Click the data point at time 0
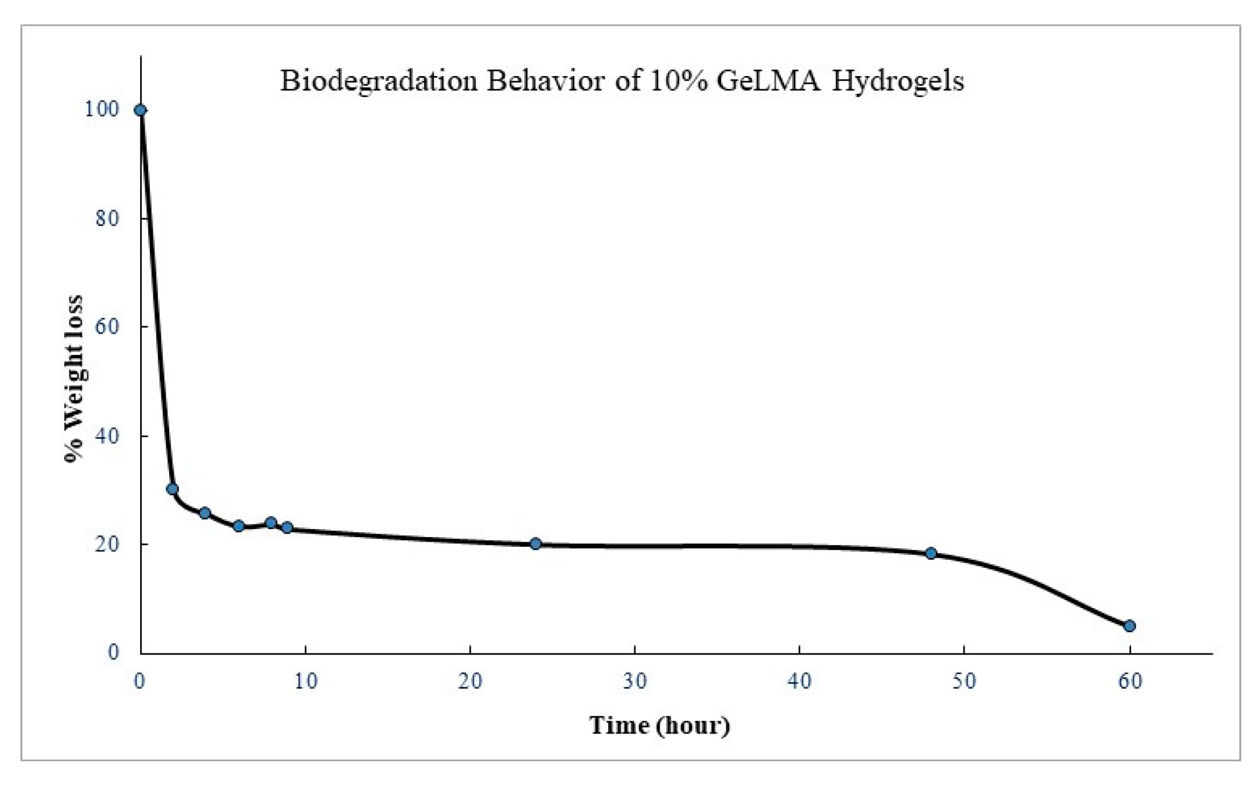point(140,110)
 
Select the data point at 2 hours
point(173,489)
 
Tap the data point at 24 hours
point(535,543)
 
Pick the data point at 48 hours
point(931,553)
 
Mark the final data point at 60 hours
point(1129,626)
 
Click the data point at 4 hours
point(205,513)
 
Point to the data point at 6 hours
point(238,526)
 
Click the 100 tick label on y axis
point(102,109)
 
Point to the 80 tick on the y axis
point(107,218)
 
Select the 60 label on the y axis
point(107,326)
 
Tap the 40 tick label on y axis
point(107,436)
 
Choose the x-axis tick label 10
point(305,681)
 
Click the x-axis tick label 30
point(635,681)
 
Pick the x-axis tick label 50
point(964,681)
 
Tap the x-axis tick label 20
point(470,681)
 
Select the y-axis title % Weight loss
point(74,379)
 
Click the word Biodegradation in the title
point(379,81)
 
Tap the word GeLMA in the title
point(768,81)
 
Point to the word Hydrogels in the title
point(898,81)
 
